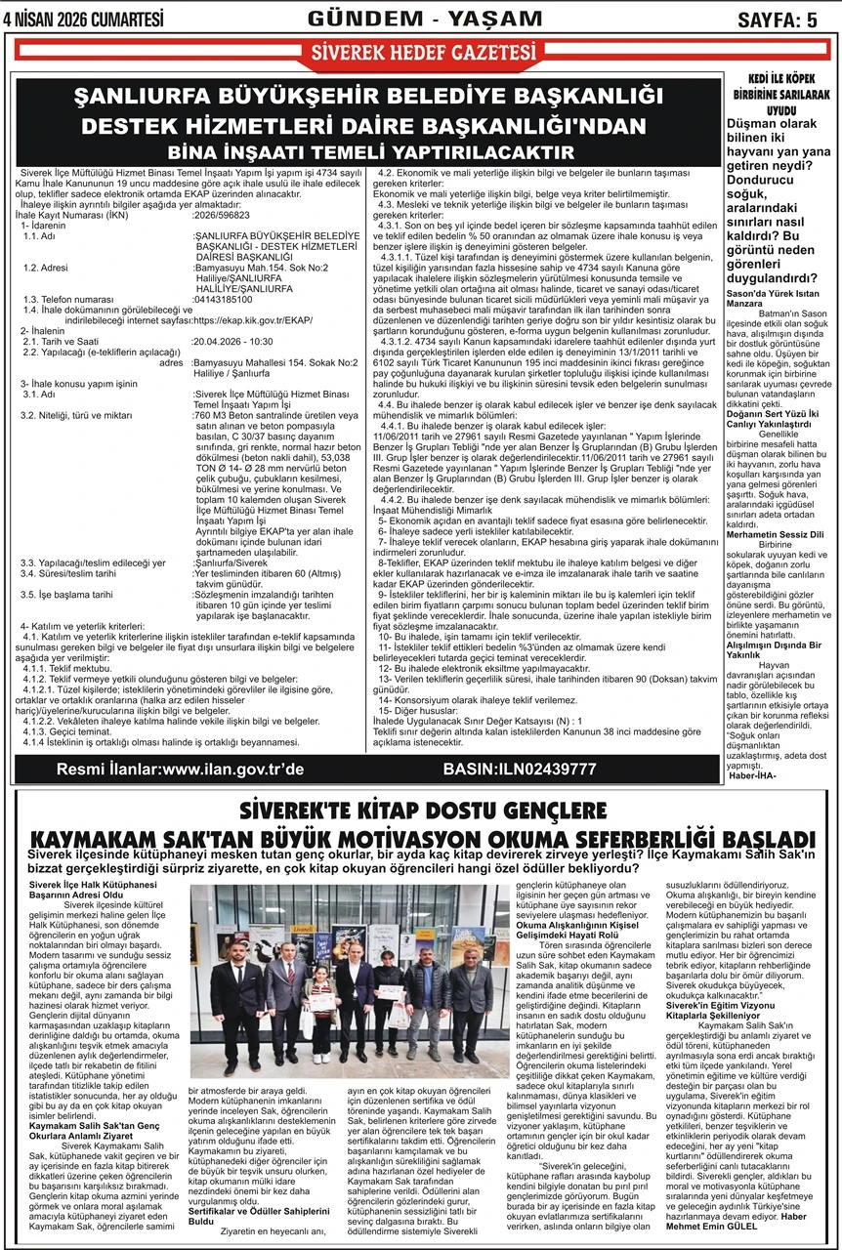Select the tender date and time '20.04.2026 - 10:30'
click(232, 342)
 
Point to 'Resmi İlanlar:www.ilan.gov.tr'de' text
click(181, 769)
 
